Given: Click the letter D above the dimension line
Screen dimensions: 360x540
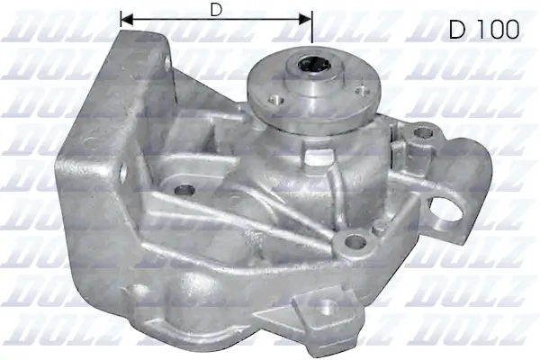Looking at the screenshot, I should tap(216, 10).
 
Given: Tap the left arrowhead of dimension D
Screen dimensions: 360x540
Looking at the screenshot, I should tap(124, 18).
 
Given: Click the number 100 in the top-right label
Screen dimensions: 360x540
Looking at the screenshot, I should tap(497, 30).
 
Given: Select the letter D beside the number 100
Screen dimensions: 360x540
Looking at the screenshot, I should tap(456, 30).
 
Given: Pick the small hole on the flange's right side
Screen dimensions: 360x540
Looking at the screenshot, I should tap(362, 88).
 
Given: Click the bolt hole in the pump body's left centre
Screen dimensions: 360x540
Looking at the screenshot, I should tap(186, 190).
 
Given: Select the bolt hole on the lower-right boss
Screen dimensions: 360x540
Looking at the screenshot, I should tap(355, 240).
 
